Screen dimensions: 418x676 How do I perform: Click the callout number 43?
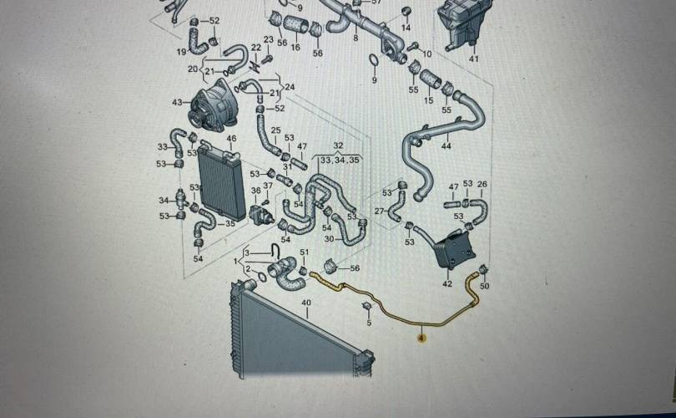177,103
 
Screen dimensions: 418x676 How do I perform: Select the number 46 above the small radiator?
231,138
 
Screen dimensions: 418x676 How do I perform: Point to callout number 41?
473,59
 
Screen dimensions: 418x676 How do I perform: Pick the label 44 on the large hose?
446,146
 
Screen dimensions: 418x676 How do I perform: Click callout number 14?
406,28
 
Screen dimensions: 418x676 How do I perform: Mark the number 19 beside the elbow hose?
181,52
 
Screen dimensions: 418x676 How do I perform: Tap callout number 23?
268,39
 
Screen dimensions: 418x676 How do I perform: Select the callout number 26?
482,184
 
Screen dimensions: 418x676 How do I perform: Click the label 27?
380,212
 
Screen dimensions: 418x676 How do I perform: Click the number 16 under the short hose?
295,48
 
